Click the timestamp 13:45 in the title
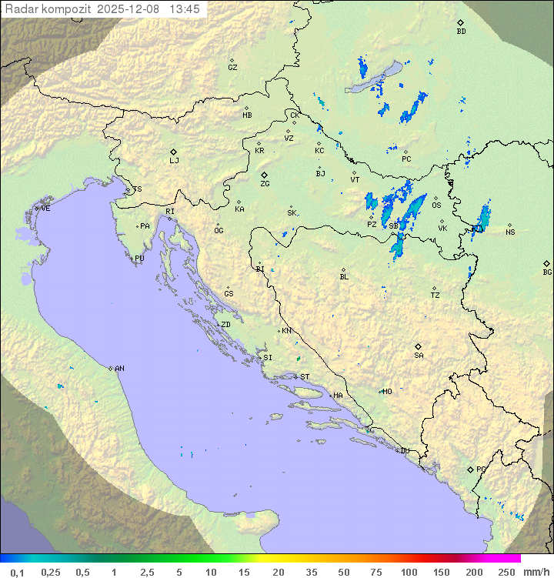pos(185,9)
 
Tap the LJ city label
pos(174,161)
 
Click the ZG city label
pos(265,184)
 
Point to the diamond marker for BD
pos(460,23)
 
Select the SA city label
pos(419,356)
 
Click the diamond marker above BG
pos(546,263)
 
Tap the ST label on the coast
pos(305,377)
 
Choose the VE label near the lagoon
pos(45,209)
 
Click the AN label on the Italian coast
pos(119,369)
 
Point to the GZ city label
pos(232,68)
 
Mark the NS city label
pos(510,232)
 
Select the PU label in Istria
pos(139,259)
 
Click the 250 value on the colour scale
pos(506,572)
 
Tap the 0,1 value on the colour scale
pos(17,572)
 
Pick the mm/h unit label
pos(536,572)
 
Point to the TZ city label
pos(436,296)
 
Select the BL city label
pos(344,277)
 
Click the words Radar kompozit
pos(48,9)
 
